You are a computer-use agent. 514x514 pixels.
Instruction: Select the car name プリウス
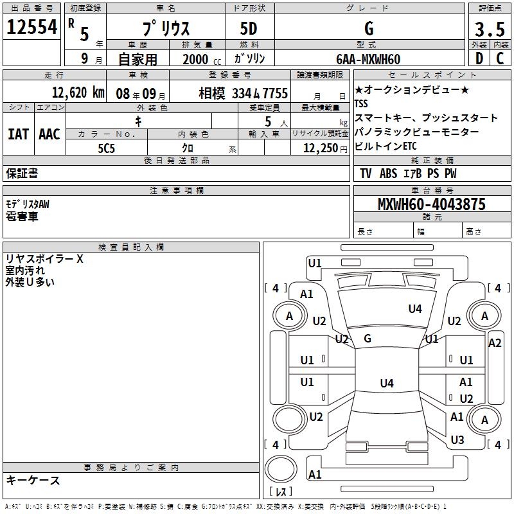click(x=164, y=30)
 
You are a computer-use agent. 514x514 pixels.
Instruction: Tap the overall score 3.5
click(x=489, y=30)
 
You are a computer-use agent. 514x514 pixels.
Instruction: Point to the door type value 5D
click(x=249, y=30)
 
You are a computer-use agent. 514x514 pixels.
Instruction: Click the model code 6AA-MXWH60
click(x=368, y=59)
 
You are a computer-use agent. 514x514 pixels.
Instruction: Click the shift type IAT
click(x=18, y=134)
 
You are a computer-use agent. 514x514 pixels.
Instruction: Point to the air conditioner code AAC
click(x=49, y=134)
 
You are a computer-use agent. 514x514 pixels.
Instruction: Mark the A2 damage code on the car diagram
click(x=494, y=343)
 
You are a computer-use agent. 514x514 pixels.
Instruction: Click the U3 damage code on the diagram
click(x=457, y=440)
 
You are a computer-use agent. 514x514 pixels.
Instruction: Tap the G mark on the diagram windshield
click(x=368, y=339)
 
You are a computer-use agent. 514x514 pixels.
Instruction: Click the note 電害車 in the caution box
click(x=22, y=217)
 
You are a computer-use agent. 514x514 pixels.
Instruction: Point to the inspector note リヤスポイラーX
click(x=44, y=260)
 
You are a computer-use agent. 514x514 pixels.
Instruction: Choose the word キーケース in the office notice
click(x=33, y=481)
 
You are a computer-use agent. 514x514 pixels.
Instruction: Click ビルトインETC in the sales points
click(x=385, y=146)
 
